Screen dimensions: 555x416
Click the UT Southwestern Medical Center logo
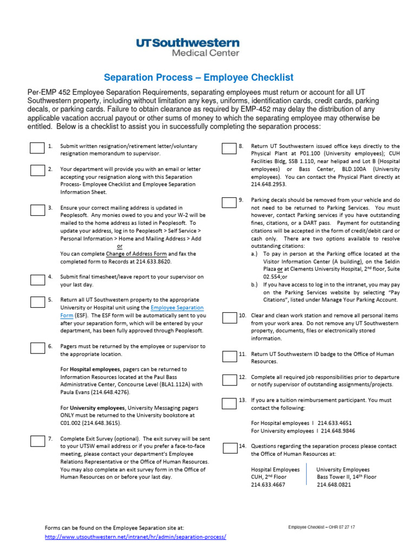187,47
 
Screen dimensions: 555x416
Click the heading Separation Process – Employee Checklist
198,78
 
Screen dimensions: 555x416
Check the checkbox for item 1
37,148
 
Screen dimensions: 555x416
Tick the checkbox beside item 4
37,279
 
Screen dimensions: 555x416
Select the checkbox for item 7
37,440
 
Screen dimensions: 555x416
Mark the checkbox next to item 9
229,202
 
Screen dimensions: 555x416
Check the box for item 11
229,356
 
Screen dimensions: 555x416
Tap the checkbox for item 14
229,448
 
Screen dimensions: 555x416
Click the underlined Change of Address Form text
136,254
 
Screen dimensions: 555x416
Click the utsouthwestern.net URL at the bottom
135,537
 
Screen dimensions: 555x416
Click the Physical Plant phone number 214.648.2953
269,184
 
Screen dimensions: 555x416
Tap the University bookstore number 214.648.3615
103,423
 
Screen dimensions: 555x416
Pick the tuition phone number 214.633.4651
334,423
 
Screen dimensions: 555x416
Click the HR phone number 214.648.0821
334,485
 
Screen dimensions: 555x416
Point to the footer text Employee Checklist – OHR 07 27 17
322,527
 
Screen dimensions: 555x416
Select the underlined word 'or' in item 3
120,246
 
